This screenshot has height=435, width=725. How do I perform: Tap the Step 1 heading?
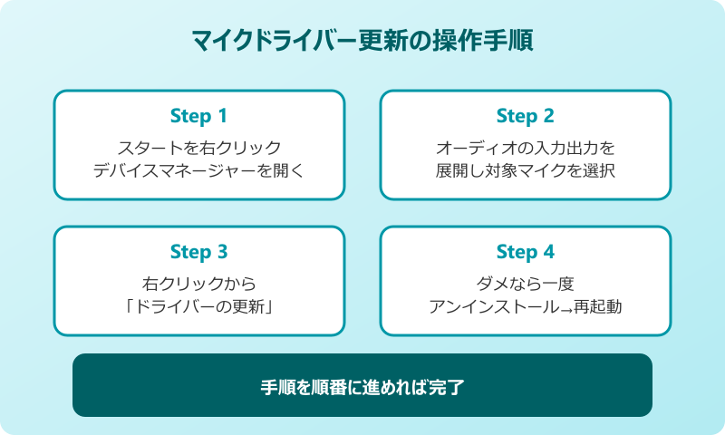tap(198, 116)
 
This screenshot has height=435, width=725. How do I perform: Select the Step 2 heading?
tap(525, 116)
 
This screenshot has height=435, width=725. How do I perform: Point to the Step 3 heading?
tap(198, 252)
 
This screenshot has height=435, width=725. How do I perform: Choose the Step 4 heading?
tap(525, 252)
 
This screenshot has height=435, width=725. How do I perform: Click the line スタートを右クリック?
tap(198, 147)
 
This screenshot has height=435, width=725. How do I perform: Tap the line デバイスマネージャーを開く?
tap(198, 170)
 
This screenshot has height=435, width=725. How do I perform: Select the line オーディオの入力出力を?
tap(525, 147)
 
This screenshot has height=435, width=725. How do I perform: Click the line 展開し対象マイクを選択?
tap(525, 170)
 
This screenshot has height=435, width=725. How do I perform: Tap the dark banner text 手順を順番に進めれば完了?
tap(362, 386)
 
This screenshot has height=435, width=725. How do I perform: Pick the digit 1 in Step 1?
tap(222, 116)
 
